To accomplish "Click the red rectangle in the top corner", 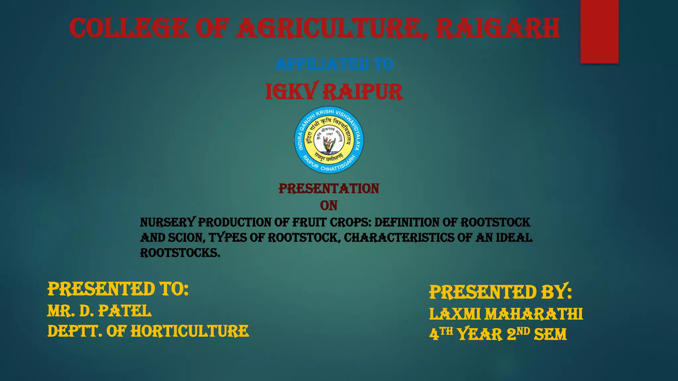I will [599, 31].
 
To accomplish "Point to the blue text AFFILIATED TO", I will [334, 64].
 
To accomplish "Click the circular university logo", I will [329, 140].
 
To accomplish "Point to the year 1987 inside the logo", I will [330, 134].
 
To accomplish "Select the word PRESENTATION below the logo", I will [329, 189].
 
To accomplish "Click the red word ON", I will [329, 206].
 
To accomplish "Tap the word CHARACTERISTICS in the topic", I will [399, 238].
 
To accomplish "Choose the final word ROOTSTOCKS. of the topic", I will [180, 253].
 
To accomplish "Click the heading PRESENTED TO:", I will [118, 289].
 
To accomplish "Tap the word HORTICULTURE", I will [190, 331].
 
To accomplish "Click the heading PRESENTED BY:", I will [500, 292].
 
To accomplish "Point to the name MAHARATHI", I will [534, 314].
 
